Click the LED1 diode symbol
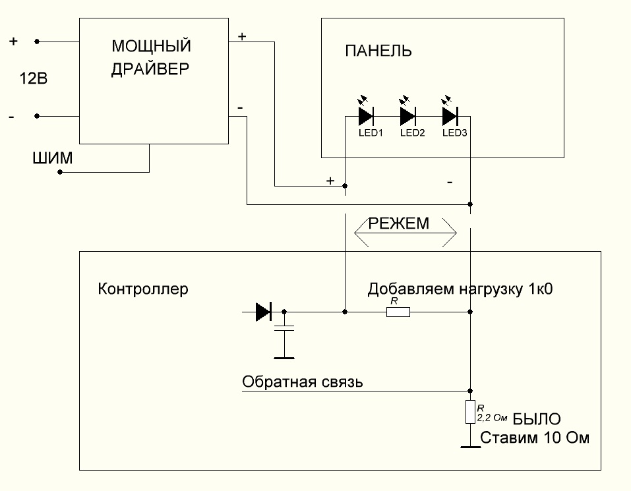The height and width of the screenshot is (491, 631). click(x=366, y=117)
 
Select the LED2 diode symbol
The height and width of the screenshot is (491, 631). click(x=407, y=117)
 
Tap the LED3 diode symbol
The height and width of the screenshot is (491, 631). click(x=450, y=117)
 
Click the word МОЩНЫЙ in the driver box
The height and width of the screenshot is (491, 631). click(x=151, y=47)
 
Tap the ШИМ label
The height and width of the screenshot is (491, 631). click(x=52, y=159)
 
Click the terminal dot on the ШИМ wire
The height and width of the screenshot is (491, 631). click(x=60, y=172)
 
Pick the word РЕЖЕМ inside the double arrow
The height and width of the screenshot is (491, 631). click(x=398, y=224)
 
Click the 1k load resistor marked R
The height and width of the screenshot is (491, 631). click(x=398, y=312)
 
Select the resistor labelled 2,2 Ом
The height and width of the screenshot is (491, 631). click(x=469, y=411)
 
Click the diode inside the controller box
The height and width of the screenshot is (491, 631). click(x=264, y=312)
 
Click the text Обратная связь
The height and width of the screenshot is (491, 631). click(x=303, y=382)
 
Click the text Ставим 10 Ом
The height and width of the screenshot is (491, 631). click(x=535, y=438)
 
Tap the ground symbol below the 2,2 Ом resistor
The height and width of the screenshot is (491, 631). click(x=469, y=447)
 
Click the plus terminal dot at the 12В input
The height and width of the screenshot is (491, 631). click(x=37, y=42)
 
